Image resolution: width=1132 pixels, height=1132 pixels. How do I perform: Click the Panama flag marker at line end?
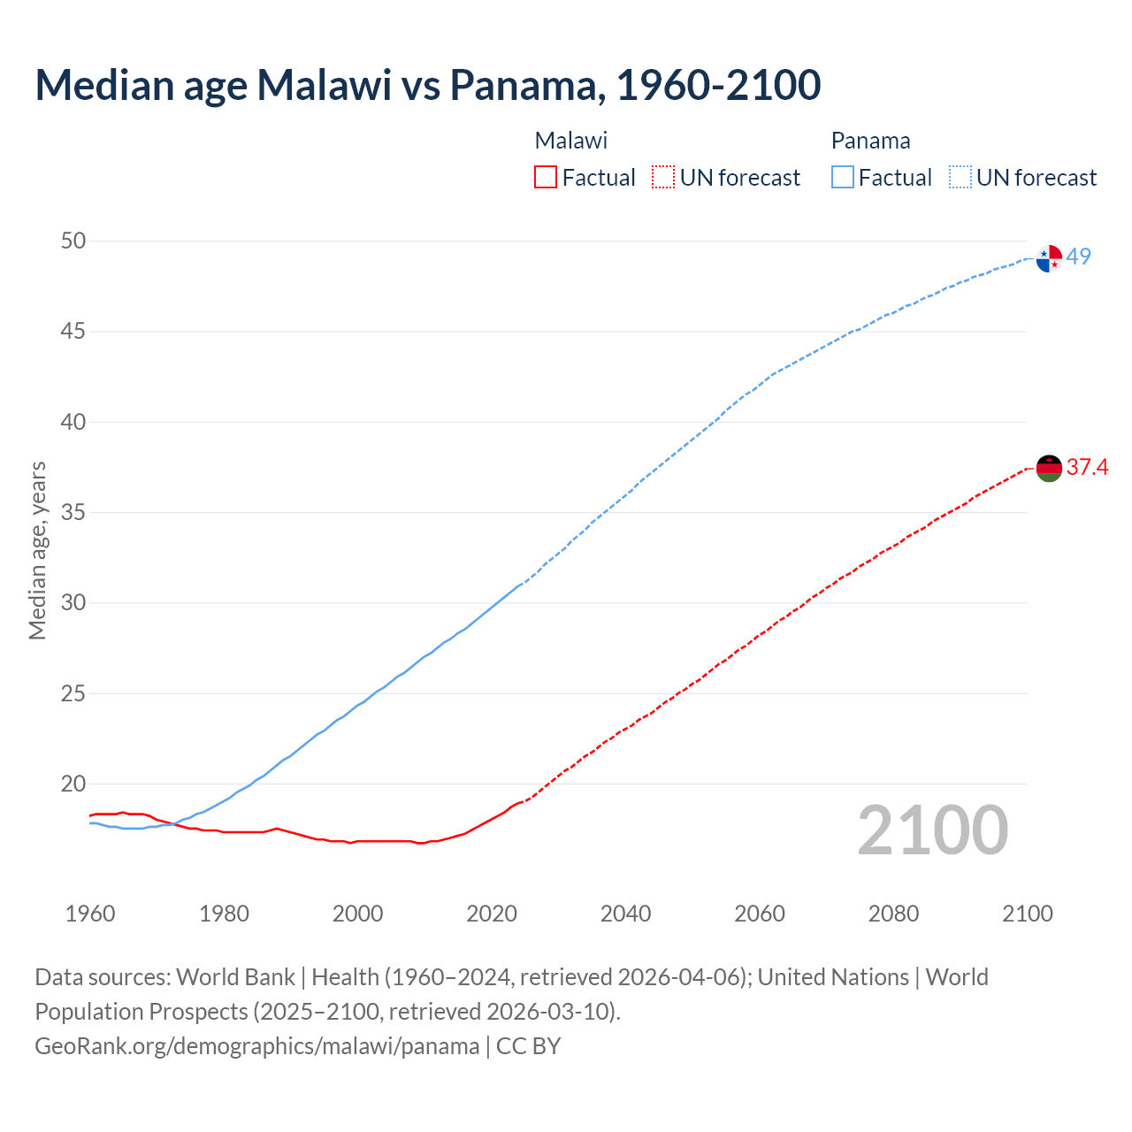point(1049,258)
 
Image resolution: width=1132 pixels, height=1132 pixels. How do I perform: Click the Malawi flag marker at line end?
point(1049,469)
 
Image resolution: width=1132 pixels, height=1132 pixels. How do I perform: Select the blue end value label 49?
point(1078,256)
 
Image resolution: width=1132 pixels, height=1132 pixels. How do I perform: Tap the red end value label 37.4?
point(1087,467)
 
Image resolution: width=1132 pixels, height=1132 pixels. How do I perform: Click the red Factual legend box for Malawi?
point(546,178)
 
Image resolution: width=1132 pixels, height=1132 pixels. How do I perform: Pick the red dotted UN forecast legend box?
point(663,178)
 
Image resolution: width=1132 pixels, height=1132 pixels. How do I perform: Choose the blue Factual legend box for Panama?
point(843,178)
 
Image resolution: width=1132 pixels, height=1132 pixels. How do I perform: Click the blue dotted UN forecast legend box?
point(960,178)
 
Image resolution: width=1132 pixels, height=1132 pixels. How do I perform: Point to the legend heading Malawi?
point(571,141)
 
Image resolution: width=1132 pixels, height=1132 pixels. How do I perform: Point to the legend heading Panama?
point(870,141)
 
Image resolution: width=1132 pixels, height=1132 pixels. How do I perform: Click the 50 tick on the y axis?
point(73,241)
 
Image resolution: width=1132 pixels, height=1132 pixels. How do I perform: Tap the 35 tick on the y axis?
point(73,513)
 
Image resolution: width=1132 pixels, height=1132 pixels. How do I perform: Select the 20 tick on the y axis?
point(73,784)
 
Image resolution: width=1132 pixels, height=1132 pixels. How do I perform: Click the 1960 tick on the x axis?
point(90,914)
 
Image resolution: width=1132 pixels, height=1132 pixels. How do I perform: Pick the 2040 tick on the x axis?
point(625,914)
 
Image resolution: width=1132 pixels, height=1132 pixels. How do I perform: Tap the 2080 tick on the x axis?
point(893,914)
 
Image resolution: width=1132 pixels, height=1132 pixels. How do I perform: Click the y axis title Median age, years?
point(37,550)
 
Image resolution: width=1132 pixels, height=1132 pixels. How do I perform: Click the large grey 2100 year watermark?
point(933,830)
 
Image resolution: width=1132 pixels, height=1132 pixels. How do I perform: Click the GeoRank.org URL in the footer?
point(256,1046)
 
